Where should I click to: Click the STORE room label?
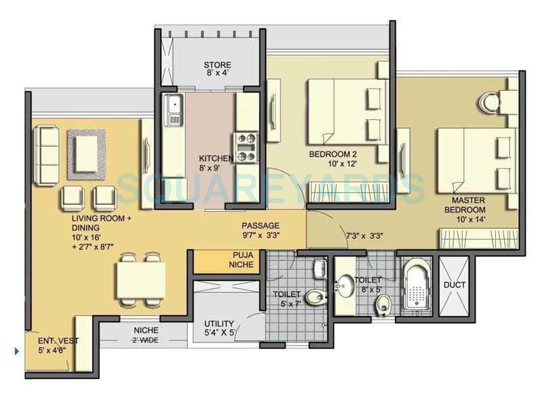217,66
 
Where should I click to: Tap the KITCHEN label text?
211,159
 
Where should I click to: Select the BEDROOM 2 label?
332,154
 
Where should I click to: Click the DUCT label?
454,285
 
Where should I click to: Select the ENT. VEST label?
58,341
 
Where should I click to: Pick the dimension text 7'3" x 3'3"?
366,235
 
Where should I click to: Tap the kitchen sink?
174,108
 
